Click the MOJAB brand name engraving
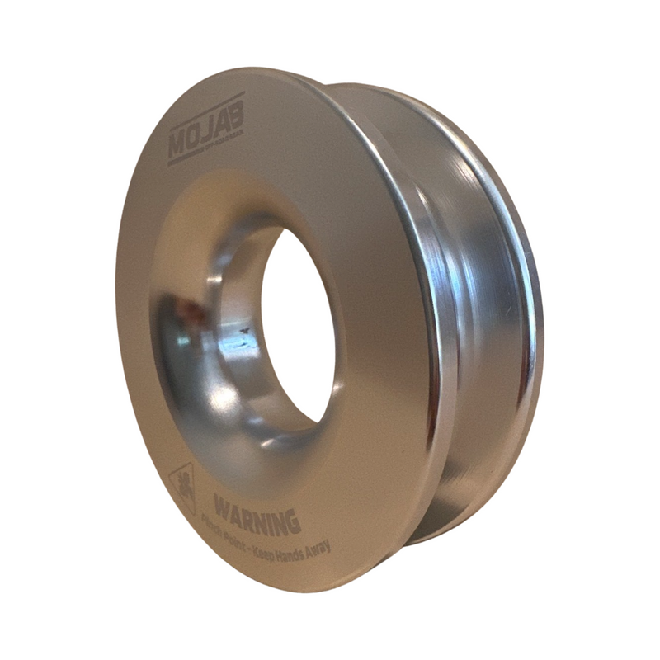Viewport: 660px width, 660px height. point(205,130)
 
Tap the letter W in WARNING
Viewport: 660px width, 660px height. point(222,500)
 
